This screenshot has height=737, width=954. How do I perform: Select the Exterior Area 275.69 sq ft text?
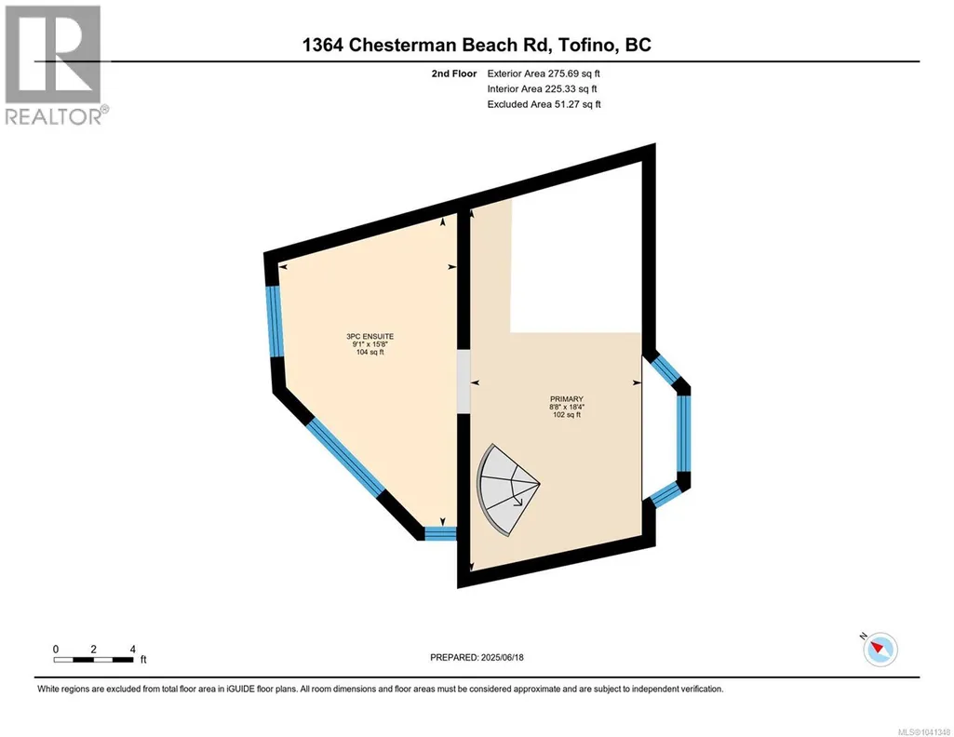tap(544, 74)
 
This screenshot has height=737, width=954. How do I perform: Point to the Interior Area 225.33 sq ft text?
tap(542, 88)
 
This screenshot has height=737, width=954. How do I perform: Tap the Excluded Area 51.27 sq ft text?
tap(544, 104)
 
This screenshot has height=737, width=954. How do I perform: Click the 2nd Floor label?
tap(454, 74)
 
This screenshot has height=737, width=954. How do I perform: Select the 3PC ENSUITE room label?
tap(370, 336)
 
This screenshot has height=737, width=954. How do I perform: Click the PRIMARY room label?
tap(567, 399)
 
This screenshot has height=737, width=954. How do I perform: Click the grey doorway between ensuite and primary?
tap(464, 380)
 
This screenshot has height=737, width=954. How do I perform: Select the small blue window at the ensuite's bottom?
tap(440, 534)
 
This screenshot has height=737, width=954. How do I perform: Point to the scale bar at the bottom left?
tap(93, 659)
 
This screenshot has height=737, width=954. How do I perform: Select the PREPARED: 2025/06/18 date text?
tap(477, 657)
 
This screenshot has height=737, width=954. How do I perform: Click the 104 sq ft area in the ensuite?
tap(370, 352)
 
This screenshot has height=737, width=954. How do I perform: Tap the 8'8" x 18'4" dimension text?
tap(567, 408)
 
